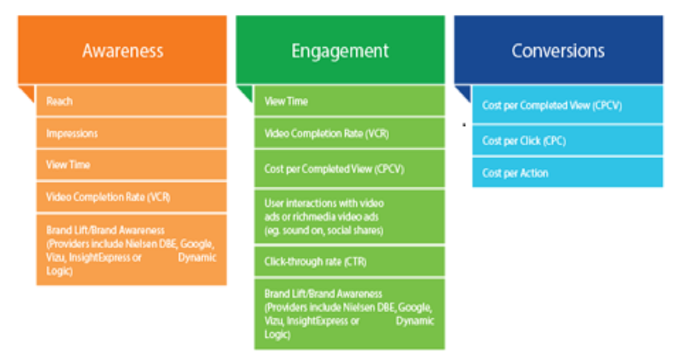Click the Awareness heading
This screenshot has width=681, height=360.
(123, 51)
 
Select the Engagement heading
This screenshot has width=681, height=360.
(340, 51)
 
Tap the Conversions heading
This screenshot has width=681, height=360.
(558, 51)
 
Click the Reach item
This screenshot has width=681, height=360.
(59, 101)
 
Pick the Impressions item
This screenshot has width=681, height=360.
(72, 133)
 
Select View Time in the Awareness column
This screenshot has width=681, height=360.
(68, 165)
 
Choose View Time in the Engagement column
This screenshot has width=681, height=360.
(286, 101)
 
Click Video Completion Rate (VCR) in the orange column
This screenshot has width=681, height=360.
(108, 197)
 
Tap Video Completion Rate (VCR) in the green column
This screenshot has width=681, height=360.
(326, 134)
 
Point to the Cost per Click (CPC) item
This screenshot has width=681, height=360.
(524, 141)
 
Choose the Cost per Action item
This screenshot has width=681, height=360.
(515, 173)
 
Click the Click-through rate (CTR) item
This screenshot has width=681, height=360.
(315, 262)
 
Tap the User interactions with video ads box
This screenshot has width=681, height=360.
(349, 217)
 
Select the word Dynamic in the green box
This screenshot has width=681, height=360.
(415, 321)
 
